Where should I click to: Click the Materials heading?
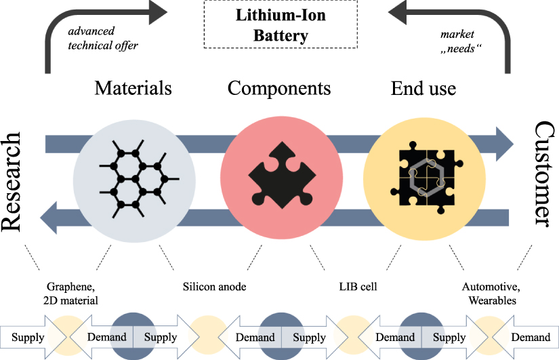(x=133, y=88)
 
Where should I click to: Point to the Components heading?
(x=279, y=88)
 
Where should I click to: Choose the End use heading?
(x=423, y=88)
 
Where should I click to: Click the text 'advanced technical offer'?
(x=102, y=39)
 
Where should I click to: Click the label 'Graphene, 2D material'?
(x=73, y=294)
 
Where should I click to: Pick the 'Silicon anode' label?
(x=214, y=287)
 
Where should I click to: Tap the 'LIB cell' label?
(x=357, y=287)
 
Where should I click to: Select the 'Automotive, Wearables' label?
(x=489, y=294)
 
